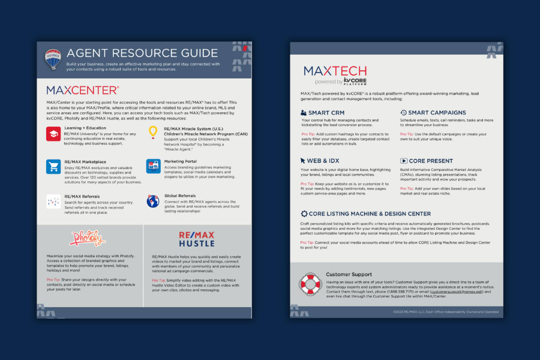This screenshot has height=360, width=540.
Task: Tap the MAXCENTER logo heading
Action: click(x=82, y=91)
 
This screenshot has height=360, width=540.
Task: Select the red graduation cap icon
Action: click(x=53, y=134)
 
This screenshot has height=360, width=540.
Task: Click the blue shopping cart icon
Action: click(x=53, y=167)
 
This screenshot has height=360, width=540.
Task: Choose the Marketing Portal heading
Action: click(x=182, y=161)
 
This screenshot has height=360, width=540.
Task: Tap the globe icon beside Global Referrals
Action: click(x=153, y=201)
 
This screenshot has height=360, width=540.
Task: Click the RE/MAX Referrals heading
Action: click(x=82, y=196)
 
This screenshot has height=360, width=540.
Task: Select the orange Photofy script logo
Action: click(x=88, y=238)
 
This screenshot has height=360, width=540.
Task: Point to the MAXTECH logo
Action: click(x=335, y=72)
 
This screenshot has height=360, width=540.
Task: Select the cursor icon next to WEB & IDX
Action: click(x=304, y=161)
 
